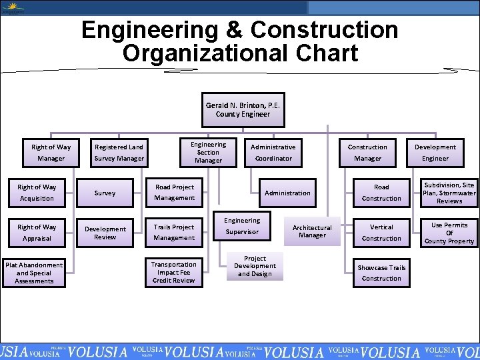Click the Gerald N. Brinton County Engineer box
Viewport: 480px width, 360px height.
pos(243,110)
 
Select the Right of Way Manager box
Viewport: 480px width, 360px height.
pos(51,153)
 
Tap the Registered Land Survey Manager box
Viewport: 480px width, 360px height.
pos(119,153)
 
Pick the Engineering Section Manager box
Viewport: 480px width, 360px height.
pos(208,152)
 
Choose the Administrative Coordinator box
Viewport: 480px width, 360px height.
pos(273,153)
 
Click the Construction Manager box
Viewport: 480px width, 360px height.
pos(367,153)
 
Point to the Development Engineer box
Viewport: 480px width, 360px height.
pos(435,153)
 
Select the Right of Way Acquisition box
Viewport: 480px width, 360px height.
pos(38,193)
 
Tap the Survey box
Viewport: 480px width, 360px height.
pos(105,193)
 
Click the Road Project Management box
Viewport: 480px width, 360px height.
pos(174,192)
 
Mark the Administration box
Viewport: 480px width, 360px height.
pos(287,193)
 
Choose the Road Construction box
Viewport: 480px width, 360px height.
pos(381,193)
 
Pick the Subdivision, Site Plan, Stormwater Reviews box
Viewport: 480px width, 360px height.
pos(449,193)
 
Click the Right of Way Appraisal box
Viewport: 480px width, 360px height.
pos(38,232)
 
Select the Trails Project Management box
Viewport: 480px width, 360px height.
pos(174,232)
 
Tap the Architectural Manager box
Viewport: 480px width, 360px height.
pos(312,231)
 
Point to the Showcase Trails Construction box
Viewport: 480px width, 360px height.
pos(381,273)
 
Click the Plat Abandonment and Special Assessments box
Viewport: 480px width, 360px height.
pos(34,273)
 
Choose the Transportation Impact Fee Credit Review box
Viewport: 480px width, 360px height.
pos(174,272)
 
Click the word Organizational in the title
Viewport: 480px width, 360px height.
pos(241,53)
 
